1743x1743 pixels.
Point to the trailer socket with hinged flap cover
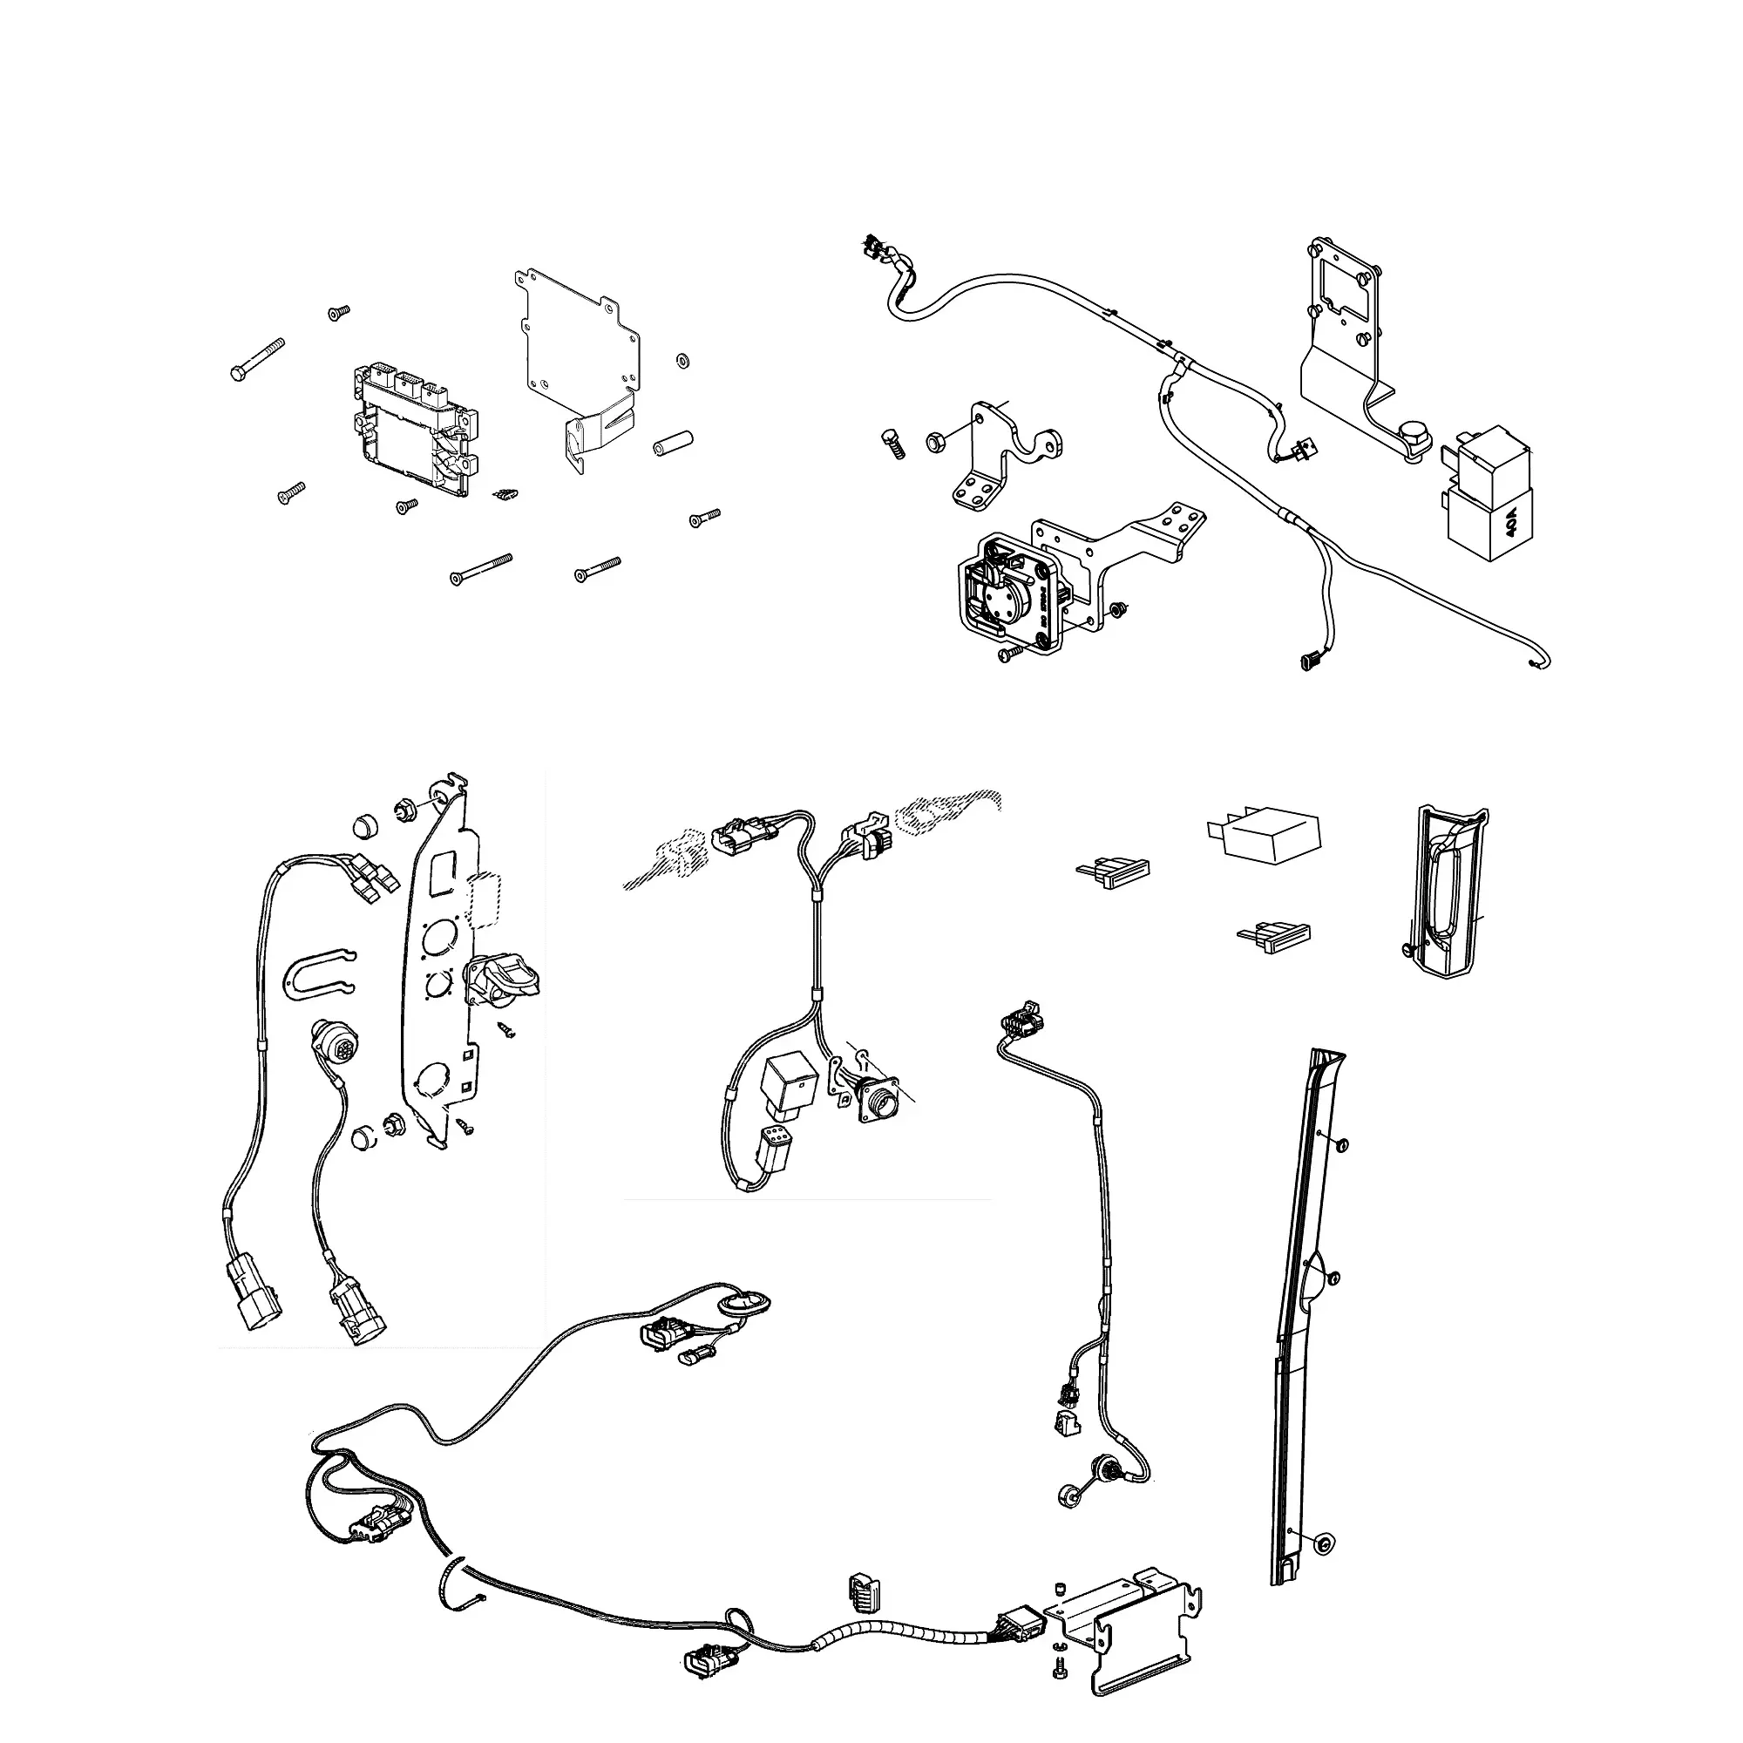coord(502,980)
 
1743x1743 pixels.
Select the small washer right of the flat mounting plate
coord(682,361)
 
